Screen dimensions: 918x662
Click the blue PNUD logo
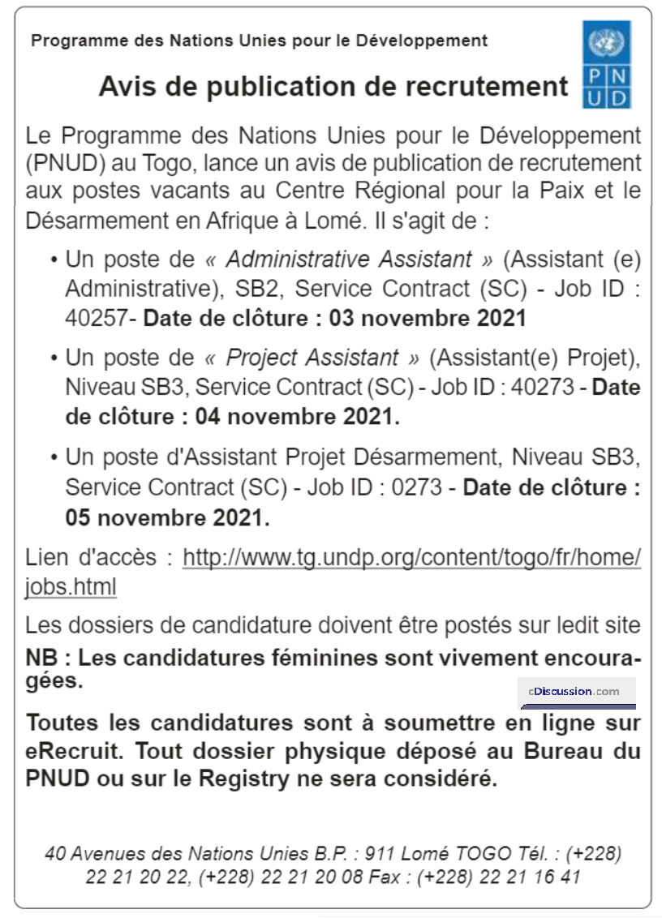(606, 64)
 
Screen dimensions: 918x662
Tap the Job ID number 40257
(96, 318)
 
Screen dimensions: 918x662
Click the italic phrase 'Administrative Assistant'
(349, 260)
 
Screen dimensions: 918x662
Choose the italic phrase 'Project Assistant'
(312, 358)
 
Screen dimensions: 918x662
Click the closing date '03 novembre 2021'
(428, 318)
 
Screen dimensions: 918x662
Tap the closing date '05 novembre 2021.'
(167, 517)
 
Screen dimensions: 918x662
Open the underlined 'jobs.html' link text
(71, 586)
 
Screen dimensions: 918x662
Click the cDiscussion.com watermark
(577, 692)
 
